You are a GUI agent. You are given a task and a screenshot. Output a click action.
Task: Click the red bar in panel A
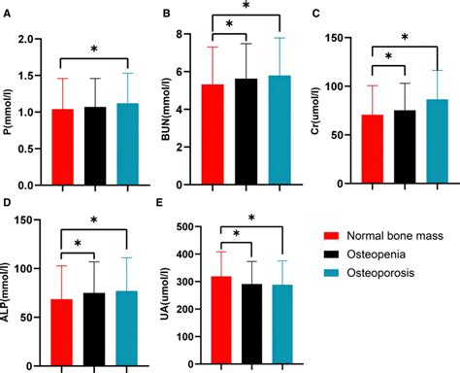61,147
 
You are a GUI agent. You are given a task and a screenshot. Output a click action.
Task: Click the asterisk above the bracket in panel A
93,49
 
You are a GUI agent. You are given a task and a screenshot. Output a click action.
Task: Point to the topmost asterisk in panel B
246,9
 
